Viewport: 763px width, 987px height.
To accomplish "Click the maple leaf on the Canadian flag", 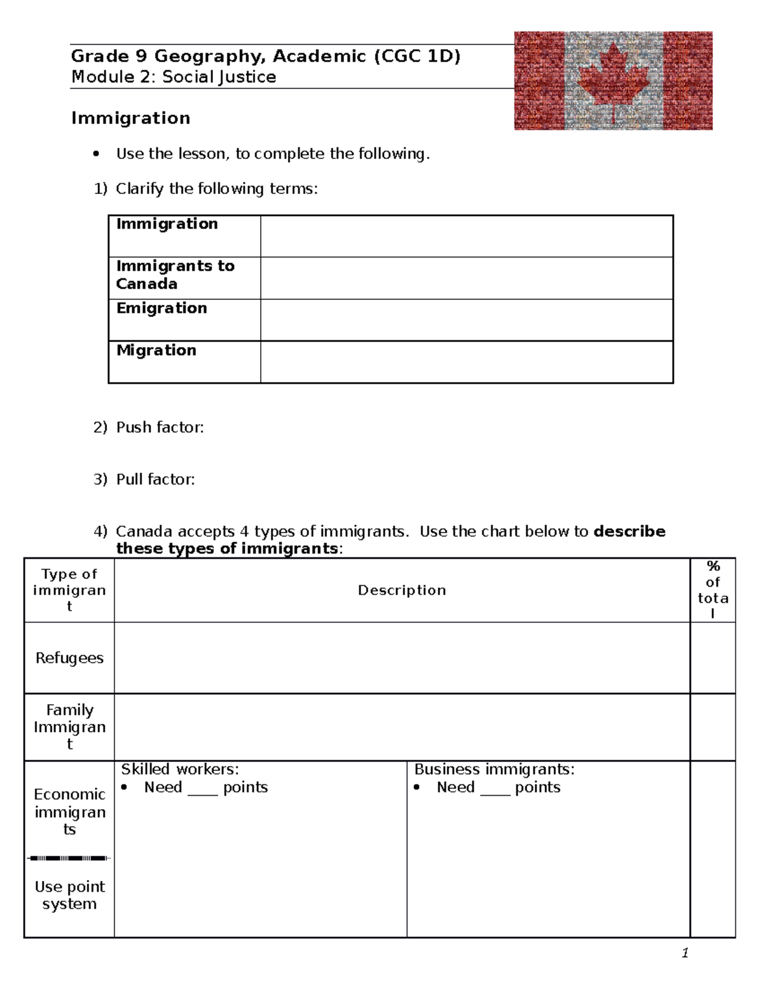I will click(x=613, y=79).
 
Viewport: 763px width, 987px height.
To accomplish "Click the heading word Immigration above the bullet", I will click(x=130, y=118).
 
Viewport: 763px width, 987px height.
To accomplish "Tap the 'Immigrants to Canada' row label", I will click(x=175, y=275).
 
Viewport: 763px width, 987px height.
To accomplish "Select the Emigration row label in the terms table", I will click(x=162, y=308).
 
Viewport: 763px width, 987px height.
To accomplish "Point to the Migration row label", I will click(x=156, y=350).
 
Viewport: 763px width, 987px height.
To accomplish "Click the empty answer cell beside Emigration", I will click(x=466, y=320).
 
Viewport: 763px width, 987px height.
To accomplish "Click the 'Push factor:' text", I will click(x=160, y=428).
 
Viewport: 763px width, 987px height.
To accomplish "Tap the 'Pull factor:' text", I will click(x=155, y=479).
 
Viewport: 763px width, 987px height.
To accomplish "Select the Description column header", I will click(x=402, y=590).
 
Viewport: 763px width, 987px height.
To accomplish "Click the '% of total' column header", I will click(x=713, y=590).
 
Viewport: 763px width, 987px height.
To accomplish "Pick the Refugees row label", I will click(x=69, y=658).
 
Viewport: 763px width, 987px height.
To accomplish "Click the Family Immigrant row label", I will click(x=69, y=726).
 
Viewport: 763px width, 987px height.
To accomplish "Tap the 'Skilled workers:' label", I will click(x=180, y=770).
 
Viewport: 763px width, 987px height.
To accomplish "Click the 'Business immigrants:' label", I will click(x=494, y=770).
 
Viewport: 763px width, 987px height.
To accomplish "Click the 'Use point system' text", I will click(x=69, y=895).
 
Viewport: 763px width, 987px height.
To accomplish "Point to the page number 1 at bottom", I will click(x=685, y=953).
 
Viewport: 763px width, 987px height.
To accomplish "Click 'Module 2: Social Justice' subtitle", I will click(x=174, y=77).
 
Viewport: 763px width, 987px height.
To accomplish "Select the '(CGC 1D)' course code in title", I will click(x=417, y=57).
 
